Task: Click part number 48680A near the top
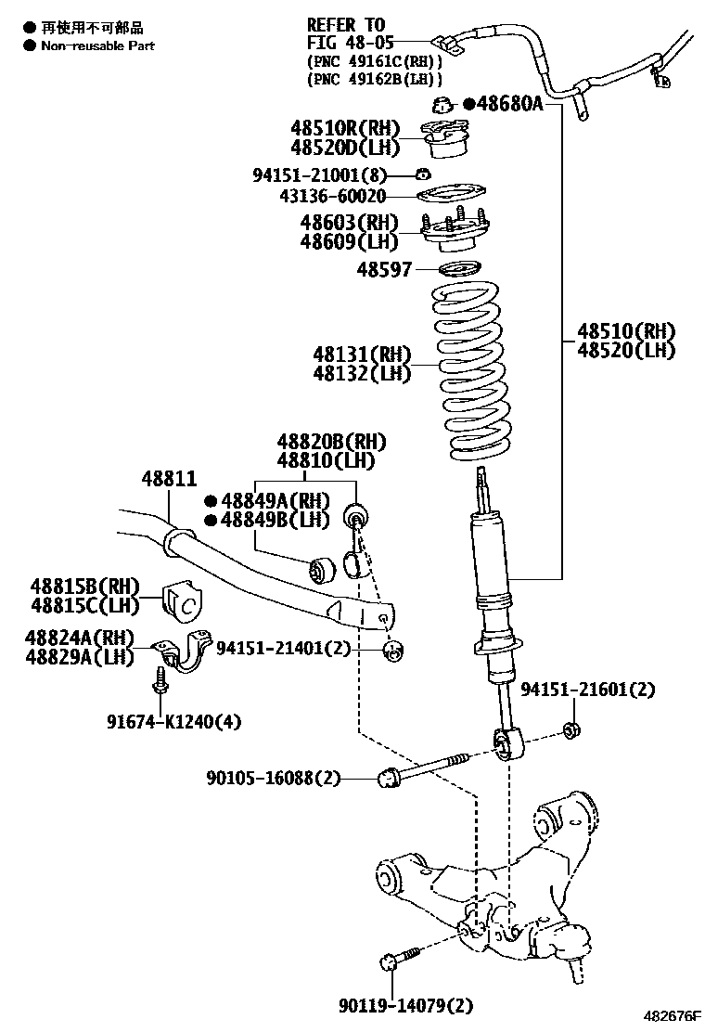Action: click(x=509, y=104)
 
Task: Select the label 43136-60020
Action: click(x=333, y=197)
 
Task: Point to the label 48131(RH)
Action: click(x=361, y=354)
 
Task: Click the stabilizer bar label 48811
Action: click(x=169, y=479)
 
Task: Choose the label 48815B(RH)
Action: click(x=84, y=587)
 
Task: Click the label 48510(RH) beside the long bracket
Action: click(x=625, y=331)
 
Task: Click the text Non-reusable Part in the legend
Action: click(x=97, y=45)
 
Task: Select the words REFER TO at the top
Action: click(x=345, y=24)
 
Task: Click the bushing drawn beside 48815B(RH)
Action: click(x=181, y=603)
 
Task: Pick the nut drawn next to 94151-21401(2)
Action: click(x=392, y=650)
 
